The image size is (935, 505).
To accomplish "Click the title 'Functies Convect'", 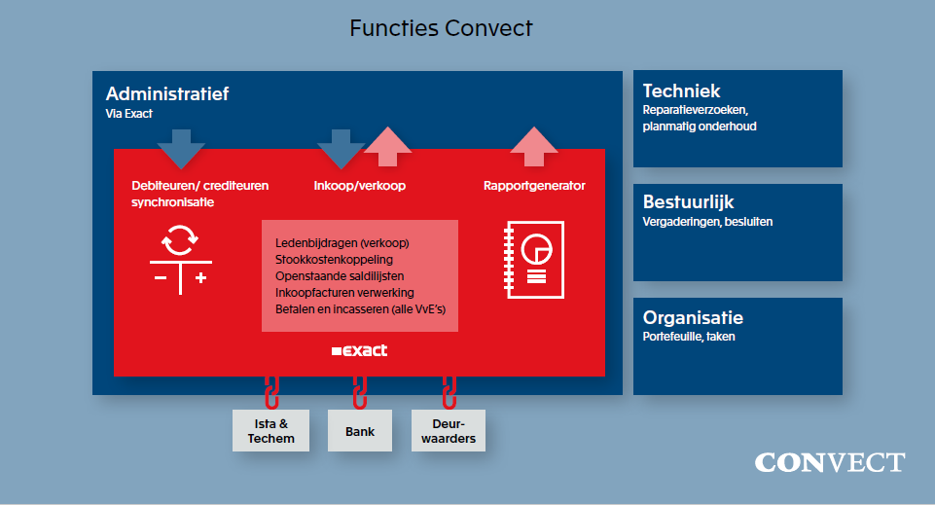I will (x=441, y=28).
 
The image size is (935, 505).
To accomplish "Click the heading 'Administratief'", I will (x=166, y=94).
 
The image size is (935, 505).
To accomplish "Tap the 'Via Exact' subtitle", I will (x=128, y=114).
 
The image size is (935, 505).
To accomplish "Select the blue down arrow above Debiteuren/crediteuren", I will (x=181, y=149).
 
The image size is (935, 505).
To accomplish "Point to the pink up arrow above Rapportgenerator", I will (x=534, y=147).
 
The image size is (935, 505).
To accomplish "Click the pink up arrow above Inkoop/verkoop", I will (x=388, y=147).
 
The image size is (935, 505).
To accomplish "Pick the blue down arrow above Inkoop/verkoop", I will (x=341, y=149).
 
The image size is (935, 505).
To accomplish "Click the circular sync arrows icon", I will (x=180, y=238).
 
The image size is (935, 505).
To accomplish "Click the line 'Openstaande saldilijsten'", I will (x=340, y=275).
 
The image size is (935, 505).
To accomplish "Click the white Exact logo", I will (x=359, y=350).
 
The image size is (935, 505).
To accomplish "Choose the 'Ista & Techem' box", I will (x=270, y=431).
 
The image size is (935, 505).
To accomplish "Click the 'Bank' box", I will (x=359, y=431).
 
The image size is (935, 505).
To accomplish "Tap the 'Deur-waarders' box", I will (x=448, y=431).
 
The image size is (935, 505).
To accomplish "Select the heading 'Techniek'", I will (x=681, y=90).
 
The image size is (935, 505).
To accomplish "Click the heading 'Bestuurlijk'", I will (x=688, y=202).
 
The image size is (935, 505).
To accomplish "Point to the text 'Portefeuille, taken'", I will (x=689, y=337).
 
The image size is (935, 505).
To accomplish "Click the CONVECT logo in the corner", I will (x=829, y=462).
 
